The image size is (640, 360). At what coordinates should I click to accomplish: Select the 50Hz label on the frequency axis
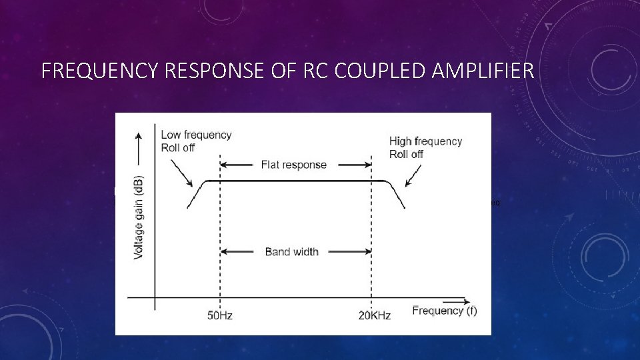[219, 315]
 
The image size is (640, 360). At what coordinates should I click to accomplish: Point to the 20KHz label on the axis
[374, 315]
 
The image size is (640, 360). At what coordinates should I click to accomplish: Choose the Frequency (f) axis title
[444, 311]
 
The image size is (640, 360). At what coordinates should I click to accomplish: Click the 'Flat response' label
[294, 165]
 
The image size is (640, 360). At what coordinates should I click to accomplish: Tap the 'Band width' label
[291, 251]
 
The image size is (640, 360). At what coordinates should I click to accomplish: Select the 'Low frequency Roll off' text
[196, 141]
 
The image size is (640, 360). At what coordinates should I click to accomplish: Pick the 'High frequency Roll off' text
[425, 147]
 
